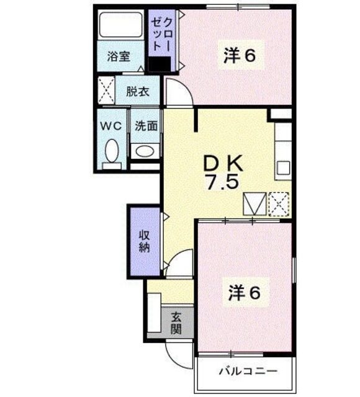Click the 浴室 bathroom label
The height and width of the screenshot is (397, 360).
tap(118, 56)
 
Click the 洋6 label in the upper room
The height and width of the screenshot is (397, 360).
tap(240, 56)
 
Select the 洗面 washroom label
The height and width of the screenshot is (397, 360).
tap(146, 125)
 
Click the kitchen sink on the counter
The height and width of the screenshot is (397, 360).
tap(284, 167)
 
